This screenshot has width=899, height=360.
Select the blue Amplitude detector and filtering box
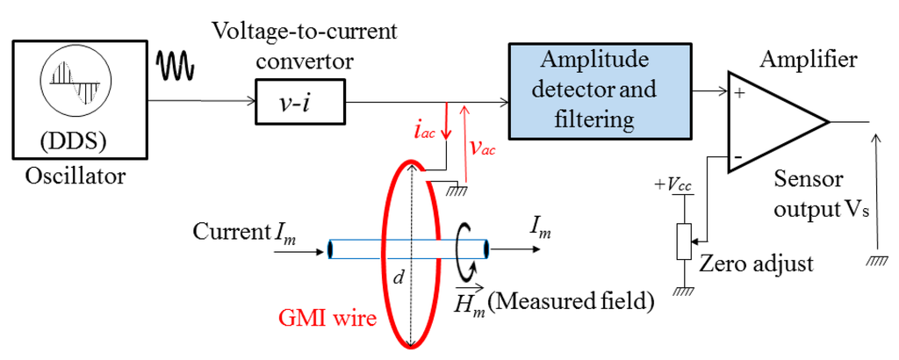tap(598, 89)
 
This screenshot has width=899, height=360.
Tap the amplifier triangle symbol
tap(773, 121)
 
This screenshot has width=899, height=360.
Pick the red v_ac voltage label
tap(482, 148)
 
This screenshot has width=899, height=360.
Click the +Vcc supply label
tap(672, 185)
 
